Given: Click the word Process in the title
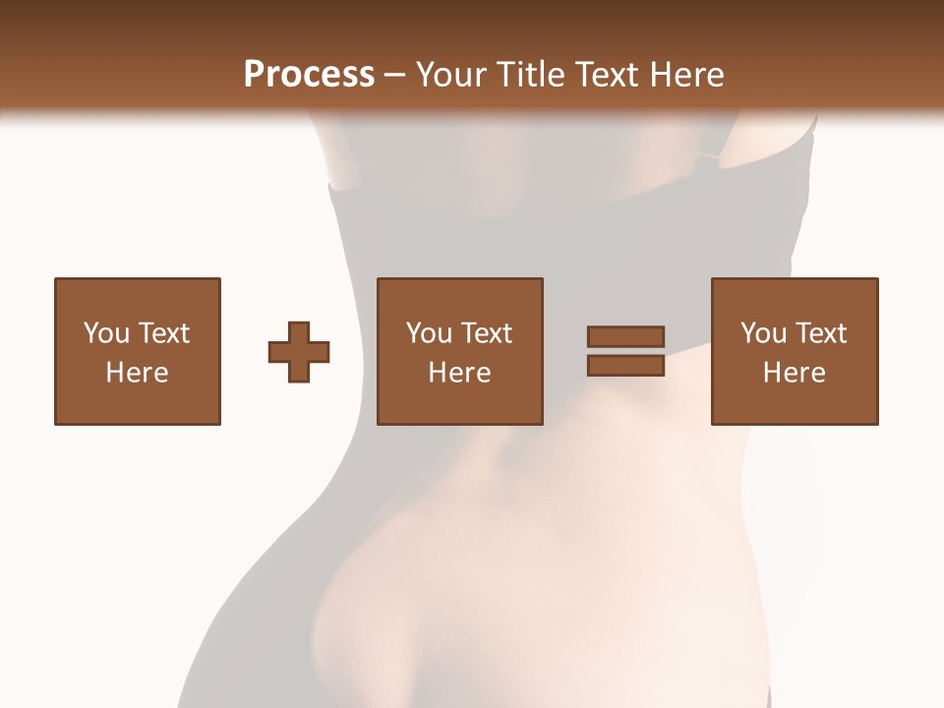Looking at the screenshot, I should tap(309, 75).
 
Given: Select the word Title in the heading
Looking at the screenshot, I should tap(531, 75).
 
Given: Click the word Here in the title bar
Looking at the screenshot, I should tap(688, 75).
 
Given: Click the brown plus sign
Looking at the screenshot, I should tap(299, 352).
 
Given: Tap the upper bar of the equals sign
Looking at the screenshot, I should tap(625, 337).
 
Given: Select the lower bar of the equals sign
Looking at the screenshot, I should tap(625, 366).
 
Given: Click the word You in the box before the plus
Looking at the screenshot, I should tap(106, 333).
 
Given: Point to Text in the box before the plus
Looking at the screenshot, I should tap(162, 333).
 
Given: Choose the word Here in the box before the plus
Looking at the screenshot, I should tap(137, 373).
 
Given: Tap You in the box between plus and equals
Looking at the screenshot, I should tap(429, 333).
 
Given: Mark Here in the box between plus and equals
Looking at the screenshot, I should tap(459, 373).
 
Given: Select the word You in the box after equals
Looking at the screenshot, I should tap(763, 333).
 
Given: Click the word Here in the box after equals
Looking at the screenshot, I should tap(794, 373).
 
